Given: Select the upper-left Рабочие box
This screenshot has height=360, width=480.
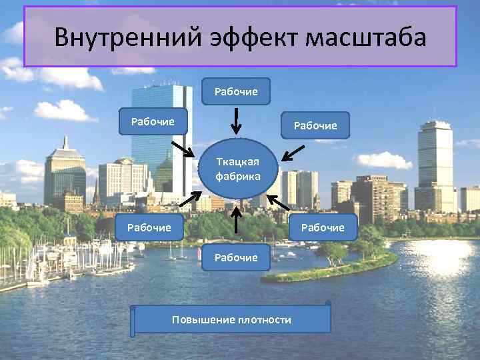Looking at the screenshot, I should click(153, 121).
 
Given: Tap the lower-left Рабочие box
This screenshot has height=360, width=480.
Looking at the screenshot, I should click(149, 227).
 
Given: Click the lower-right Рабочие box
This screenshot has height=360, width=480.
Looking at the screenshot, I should click(323, 227).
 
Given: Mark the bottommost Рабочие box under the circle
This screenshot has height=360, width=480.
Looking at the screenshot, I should click(236, 257).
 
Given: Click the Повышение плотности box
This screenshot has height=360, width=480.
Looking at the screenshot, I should click(231, 319).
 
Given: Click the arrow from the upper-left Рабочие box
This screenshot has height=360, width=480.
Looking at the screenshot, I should click(182, 147).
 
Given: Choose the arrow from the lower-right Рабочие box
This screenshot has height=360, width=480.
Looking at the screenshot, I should click(279, 201).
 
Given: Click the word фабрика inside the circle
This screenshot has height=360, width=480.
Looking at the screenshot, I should click(237, 177).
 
